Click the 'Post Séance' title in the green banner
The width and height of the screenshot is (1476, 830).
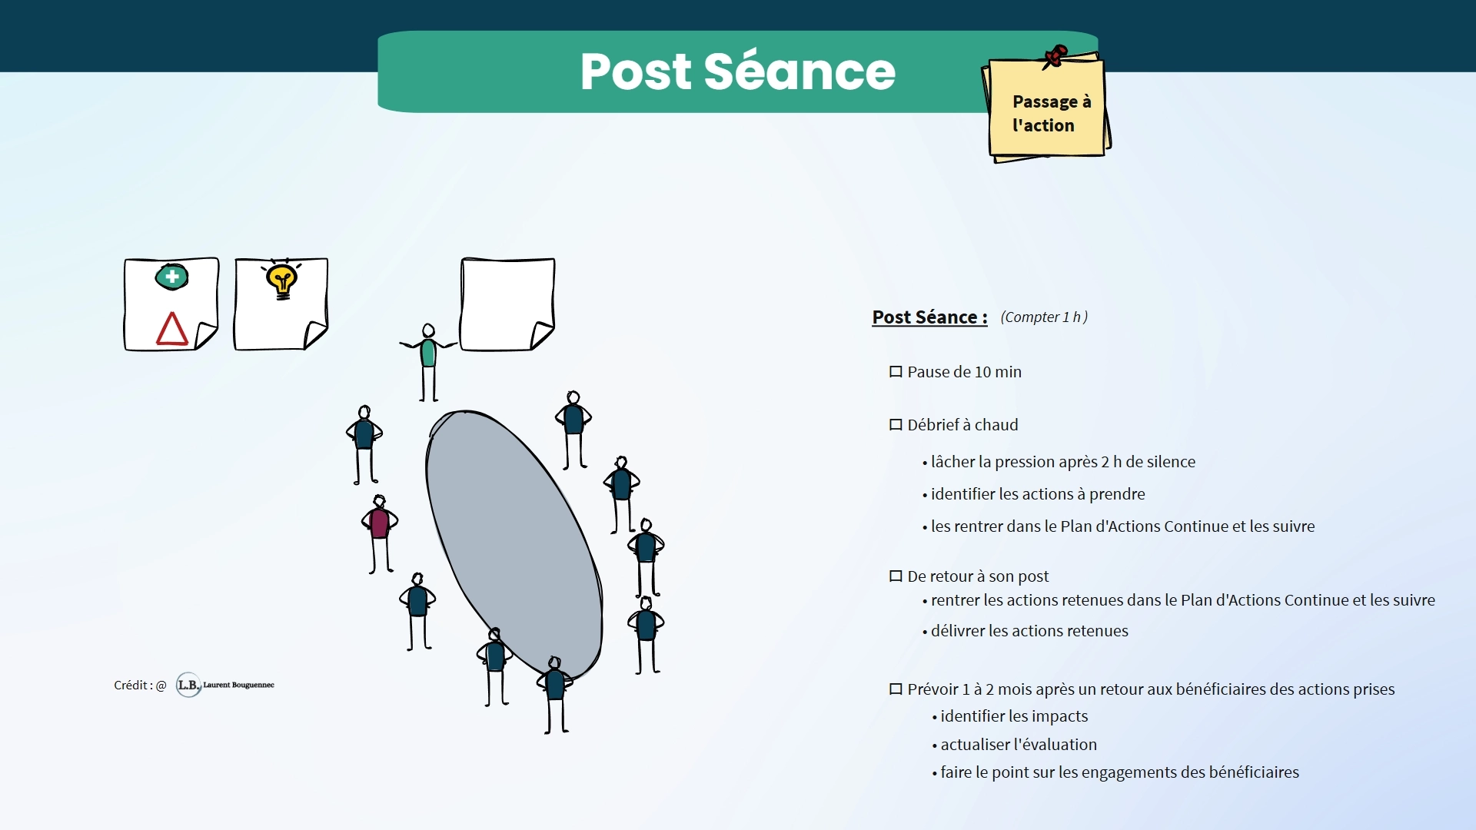[737, 71]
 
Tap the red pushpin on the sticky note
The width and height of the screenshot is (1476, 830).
[1055, 56]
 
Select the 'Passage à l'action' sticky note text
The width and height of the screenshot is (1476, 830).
[1050, 113]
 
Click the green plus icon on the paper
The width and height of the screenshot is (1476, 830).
[171, 277]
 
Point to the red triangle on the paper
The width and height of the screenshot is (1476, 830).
[171, 329]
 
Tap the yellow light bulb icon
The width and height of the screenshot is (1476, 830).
[282, 281]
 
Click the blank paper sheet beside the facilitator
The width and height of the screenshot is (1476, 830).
[507, 304]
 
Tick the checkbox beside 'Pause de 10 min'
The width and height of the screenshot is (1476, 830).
[896, 372]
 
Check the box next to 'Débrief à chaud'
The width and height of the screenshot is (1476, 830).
[896, 425]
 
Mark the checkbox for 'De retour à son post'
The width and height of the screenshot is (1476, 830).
[896, 576]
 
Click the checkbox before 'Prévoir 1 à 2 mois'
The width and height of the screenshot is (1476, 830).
[896, 689]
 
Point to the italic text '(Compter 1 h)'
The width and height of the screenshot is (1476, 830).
[1043, 317]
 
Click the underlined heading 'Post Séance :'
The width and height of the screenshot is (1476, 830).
[929, 317]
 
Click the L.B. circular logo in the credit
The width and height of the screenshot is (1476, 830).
[188, 685]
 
